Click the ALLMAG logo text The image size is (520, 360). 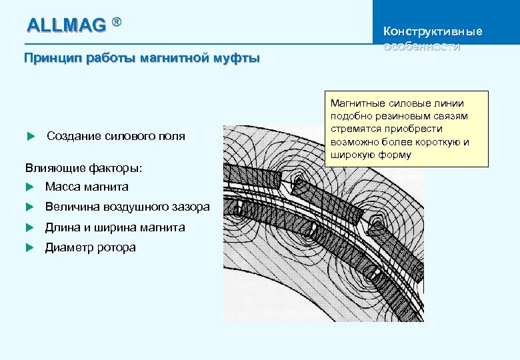click(66, 25)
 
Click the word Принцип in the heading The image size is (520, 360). click(49, 58)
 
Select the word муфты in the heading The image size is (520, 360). click(237, 58)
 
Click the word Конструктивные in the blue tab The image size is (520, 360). click(433, 31)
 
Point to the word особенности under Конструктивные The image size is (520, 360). click(422, 46)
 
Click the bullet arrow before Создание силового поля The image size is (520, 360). click(29, 137)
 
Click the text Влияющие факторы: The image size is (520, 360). click(84, 166)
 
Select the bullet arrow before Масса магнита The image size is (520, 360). click(29, 187)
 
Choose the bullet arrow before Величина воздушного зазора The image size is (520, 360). click(29, 207)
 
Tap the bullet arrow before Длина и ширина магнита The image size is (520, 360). click(29, 228)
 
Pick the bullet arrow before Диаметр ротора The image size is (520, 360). click(29, 248)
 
